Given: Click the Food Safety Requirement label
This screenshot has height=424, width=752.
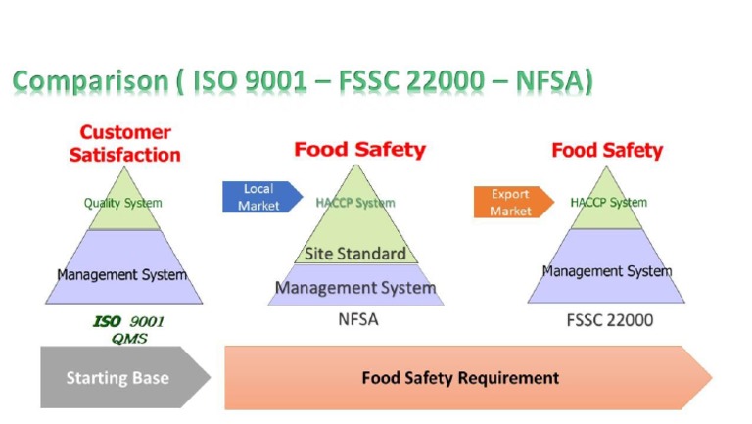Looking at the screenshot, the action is (x=460, y=377).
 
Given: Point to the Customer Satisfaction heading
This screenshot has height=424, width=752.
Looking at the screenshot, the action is (x=130, y=143).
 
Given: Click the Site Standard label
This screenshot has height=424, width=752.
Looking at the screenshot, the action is (x=355, y=254).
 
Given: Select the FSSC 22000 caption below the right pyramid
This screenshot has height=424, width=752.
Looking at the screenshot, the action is (x=610, y=319).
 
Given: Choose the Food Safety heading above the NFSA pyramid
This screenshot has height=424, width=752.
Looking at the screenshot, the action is (x=359, y=150).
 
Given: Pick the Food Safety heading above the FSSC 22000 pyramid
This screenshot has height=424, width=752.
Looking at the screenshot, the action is (x=607, y=150).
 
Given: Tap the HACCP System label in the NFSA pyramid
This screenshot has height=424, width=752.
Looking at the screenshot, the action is (x=355, y=203).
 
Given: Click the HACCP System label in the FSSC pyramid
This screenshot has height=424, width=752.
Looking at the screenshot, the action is (x=608, y=203).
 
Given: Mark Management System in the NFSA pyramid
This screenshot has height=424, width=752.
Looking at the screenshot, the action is (x=355, y=288).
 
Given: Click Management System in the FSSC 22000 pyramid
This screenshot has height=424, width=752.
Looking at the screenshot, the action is (x=607, y=270).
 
